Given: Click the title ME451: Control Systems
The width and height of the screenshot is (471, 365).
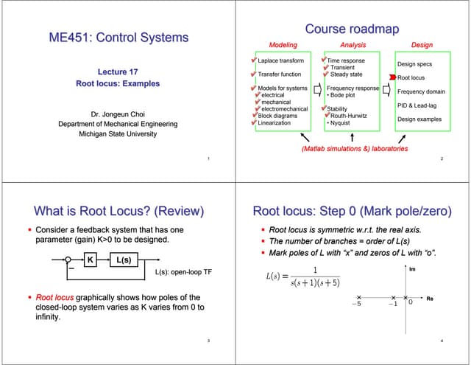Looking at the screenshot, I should (118, 38).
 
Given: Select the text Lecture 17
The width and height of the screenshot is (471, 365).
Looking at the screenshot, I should (117, 72).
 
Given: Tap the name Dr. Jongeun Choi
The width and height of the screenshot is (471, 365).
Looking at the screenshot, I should (117, 114).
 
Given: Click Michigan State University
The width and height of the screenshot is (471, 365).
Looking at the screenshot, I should (117, 134).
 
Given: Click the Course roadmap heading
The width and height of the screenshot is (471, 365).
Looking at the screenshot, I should (352, 29).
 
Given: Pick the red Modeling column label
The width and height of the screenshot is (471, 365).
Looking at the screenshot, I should (283, 45).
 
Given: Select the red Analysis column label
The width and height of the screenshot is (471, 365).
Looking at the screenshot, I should (353, 45).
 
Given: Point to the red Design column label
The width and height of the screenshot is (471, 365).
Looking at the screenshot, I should (422, 45).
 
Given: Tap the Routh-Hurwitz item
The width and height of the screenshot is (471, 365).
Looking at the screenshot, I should (350, 116).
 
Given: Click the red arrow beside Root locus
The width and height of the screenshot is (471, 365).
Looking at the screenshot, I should (392, 77).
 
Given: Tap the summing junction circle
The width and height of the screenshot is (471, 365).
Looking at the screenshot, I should (68, 260).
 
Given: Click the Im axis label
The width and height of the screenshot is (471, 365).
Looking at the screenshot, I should (411, 269).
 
